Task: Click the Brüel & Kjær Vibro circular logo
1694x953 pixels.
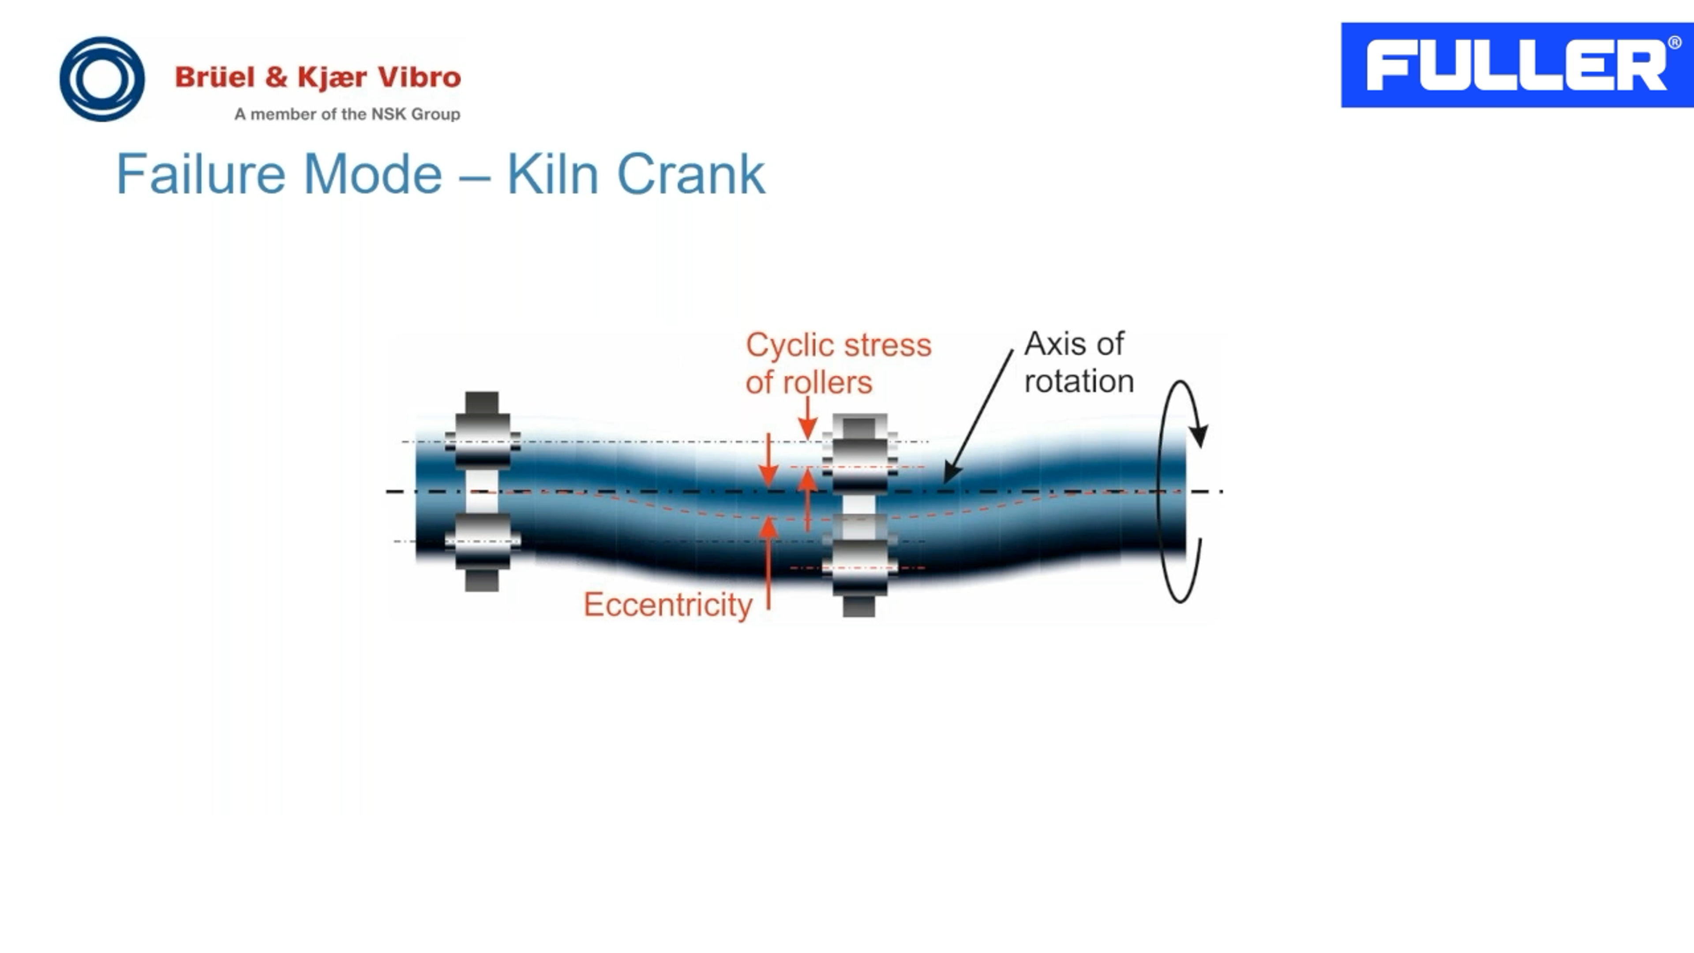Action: coord(102,79)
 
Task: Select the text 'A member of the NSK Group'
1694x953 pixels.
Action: coord(347,114)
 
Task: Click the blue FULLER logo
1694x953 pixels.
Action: coord(1516,65)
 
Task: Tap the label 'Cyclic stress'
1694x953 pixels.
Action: coord(839,345)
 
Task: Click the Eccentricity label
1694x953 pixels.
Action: coord(667,604)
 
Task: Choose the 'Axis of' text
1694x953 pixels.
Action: coord(1074,344)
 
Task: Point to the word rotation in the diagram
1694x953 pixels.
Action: coord(1079,382)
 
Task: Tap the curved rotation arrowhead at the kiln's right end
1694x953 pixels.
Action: coord(1199,435)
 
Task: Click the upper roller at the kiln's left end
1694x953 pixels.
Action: coord(482,431)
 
